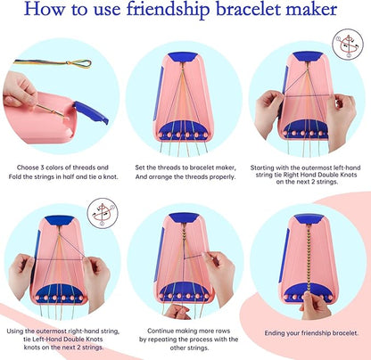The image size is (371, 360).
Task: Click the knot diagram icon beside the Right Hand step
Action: tap(347, 44)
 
